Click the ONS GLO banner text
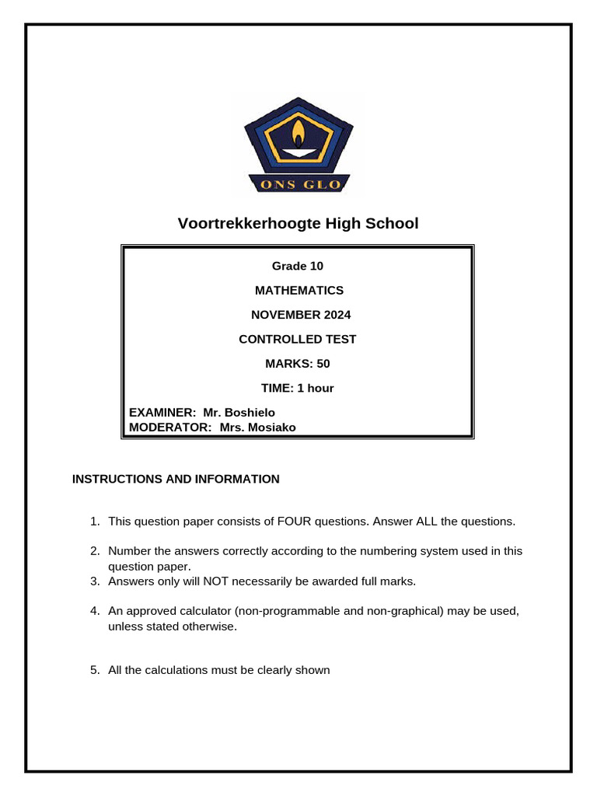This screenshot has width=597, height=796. [x=298, y=184]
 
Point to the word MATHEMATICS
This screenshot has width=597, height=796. [x=299, y=290]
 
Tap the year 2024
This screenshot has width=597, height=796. [x=333, y=315]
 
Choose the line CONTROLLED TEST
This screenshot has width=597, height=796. [x=297, y=339]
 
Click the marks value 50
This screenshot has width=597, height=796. [x=323, y=363]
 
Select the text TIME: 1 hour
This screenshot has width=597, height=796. [x=298, y=388]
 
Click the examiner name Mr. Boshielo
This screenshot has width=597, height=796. [x=239, y=412]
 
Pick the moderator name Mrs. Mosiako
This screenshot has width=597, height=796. [x=257, y=427]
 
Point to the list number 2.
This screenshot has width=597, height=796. [x=94, y=551]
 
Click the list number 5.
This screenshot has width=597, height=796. [x=94, y=670]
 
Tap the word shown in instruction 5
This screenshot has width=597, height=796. [x=314, y=670]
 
